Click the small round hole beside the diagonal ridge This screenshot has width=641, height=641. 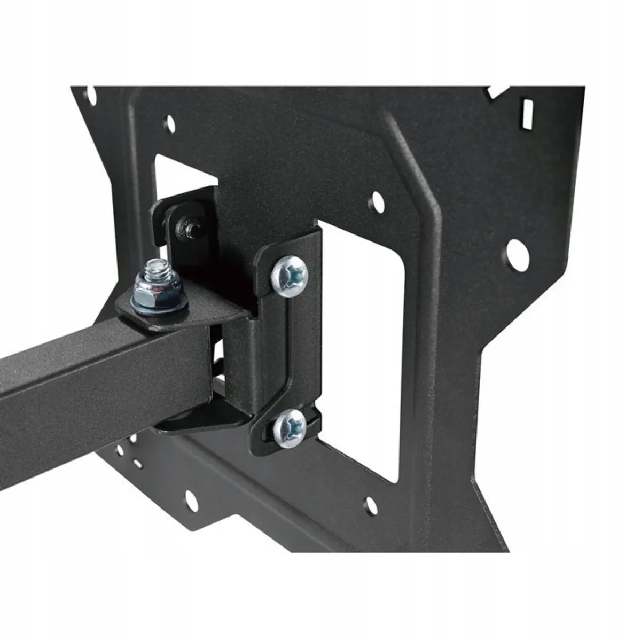tap(377, 201)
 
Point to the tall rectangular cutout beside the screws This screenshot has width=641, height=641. tap(363, 347)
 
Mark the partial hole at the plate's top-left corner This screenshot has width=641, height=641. tap(92, 97)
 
